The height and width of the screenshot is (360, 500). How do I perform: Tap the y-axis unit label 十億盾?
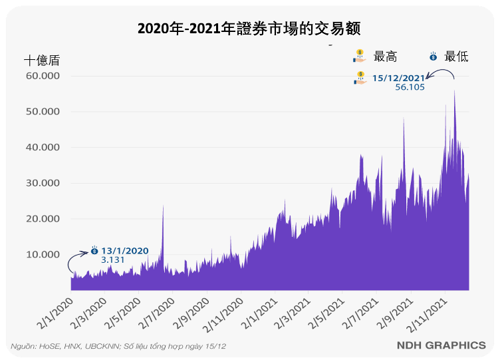pos(41,60)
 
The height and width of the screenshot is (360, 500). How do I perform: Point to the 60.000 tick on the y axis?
pos(42,76)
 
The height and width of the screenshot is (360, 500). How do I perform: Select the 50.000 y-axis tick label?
pos(42,112)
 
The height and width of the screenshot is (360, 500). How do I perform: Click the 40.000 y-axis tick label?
pos(42,147)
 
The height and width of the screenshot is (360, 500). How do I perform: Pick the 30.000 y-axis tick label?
pos(42,183)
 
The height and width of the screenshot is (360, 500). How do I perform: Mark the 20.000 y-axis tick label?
pos(42,219)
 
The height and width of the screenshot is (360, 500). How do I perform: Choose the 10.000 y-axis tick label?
pos(42,255)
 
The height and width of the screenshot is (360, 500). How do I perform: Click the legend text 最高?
pos(386,57)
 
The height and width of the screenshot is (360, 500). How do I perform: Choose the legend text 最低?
pos(456,57)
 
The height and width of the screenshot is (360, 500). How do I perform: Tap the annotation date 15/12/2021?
pos(398,78)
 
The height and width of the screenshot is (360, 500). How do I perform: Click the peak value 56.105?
pos(410,87)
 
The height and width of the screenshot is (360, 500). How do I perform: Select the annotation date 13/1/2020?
pos(125,251)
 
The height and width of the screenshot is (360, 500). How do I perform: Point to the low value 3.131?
pos(113,260)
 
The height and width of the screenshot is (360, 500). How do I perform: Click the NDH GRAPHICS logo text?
pos(441,345)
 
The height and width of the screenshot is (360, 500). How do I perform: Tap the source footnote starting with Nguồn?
pos(118,347)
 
